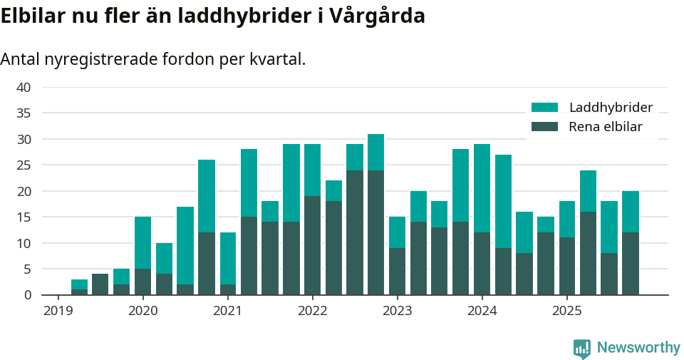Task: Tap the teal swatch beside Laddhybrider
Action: [544, 108]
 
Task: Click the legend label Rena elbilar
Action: [606, 127]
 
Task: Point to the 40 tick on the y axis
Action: [24, 88]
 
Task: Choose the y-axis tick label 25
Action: [24, 165]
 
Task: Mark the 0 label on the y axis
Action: [27, 294]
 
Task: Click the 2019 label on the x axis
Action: [58, 311]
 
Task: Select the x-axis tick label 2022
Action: [312, 311]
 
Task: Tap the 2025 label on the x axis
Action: [566, 311]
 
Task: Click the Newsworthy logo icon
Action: [582, 348]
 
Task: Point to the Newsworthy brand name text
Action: [638, 348]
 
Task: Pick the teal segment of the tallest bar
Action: [375, 152]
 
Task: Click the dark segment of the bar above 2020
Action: [142, 282]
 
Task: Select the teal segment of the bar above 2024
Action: [482, 188]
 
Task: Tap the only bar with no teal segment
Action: [100, 284]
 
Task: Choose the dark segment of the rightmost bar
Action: [630, 263]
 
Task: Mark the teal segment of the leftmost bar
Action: [79, 284]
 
